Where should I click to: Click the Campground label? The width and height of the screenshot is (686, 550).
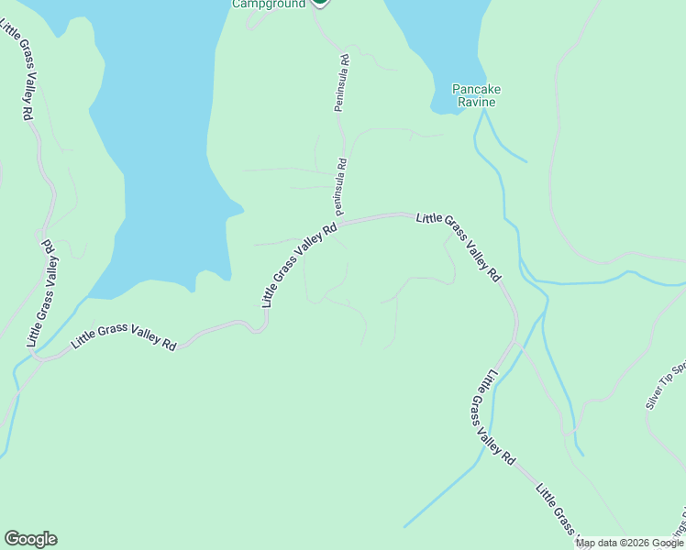(268, 4)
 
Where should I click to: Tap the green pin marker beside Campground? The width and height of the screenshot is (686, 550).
(319, 3)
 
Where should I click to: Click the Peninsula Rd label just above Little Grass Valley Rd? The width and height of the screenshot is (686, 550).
(339, 181)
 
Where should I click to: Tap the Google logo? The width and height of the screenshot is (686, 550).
(30, 539)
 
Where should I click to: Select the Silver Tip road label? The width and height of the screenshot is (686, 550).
(666, 385)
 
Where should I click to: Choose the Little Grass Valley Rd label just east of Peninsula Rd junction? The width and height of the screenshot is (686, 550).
(458, 246)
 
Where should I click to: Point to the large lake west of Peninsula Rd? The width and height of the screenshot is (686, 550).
(165, 137)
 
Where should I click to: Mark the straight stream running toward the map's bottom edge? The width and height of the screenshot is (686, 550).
(440, 495)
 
